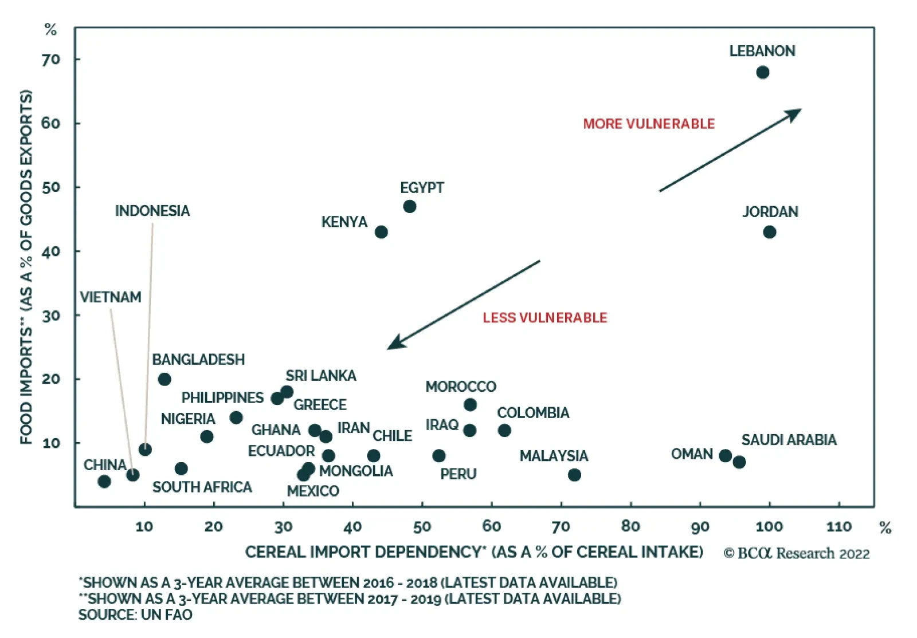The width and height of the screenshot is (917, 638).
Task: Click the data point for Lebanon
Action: coord(762,72)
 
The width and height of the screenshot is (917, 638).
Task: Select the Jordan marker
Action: coord(769,232)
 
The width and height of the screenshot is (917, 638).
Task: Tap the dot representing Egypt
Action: coord(409,206)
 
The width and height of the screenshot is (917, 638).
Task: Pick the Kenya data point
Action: coord(381,232)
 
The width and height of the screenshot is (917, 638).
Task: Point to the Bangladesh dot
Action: coord(164,379)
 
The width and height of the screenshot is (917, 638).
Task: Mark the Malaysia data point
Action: coord(574,475)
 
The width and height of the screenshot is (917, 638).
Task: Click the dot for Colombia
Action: coord(504,430)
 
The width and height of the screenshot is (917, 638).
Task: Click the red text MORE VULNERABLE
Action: coord(649,124)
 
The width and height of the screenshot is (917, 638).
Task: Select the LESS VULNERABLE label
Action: coord(544,318)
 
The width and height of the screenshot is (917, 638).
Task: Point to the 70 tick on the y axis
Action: coord(51,60)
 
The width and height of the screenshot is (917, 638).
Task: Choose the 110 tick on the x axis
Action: coord(838,526)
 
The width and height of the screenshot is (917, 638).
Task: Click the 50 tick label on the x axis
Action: coord(422,526)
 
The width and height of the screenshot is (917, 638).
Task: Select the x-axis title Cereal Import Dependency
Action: coord(474,552)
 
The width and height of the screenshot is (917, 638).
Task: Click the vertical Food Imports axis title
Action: coord(26,267)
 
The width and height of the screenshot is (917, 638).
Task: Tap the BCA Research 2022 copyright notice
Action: coord(796,553)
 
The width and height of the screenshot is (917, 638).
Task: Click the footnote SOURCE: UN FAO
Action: coord(135,615)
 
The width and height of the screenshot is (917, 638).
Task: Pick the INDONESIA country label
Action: coord(152,211)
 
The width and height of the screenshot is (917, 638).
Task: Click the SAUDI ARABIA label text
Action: coord(789,440)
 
